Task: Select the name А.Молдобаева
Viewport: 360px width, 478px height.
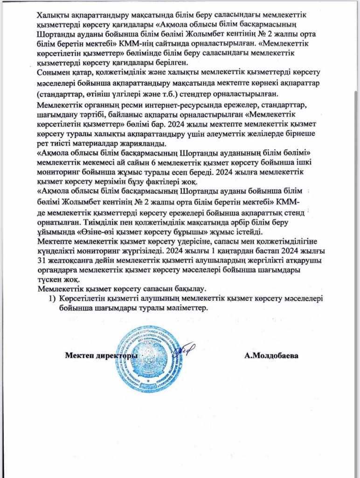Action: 271,356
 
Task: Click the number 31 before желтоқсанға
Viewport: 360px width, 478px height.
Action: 41,261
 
